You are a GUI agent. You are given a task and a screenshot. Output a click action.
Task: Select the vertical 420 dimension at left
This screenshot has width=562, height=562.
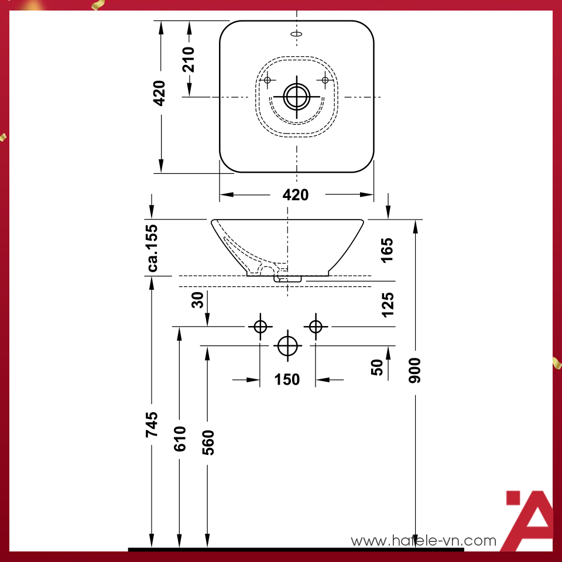[x=159, y=93]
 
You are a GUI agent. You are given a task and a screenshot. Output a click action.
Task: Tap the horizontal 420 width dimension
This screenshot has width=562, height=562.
[x=296, y=195]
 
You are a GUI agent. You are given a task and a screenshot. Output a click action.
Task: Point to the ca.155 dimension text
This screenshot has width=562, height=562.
[x=153, y=248]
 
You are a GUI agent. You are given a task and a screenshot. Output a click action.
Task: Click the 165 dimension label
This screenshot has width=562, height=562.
[x=387, y=250]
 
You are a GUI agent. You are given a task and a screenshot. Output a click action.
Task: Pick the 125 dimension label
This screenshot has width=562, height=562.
[x=387, y=304]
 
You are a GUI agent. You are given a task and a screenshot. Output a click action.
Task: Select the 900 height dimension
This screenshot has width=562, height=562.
[x=415, y=370]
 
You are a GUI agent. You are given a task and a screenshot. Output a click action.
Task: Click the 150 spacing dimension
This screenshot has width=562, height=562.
[x=287, y=380]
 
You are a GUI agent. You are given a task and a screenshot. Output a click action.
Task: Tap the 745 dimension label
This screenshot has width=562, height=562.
[x=152, y=424]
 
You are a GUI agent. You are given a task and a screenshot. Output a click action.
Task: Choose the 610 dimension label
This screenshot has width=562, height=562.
[x=180, y=438]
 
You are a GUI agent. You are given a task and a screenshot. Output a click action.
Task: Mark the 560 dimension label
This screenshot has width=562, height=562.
[x=208, y=443]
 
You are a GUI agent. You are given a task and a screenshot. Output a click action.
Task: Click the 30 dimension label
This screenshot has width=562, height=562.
[x=198, y=300]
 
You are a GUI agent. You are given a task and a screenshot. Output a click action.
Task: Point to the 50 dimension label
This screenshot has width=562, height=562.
[x=378, y=367]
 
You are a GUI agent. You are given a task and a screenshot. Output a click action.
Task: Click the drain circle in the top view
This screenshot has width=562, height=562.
[x=297, y=97]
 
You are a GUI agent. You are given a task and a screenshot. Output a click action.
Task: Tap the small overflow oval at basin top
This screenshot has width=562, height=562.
[x=297, y=34]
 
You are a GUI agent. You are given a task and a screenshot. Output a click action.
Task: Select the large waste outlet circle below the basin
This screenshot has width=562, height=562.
[x=287, y=345]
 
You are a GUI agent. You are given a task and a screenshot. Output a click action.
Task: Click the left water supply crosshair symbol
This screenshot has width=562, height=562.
[x=260, y=326]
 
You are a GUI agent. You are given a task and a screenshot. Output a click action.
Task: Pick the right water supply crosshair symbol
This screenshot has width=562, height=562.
[x=316, y=326]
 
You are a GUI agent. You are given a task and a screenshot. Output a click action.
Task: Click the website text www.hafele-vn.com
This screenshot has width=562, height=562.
[x=423, y=542]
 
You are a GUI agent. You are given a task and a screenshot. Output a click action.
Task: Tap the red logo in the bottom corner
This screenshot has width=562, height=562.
[x=528, y=520]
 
